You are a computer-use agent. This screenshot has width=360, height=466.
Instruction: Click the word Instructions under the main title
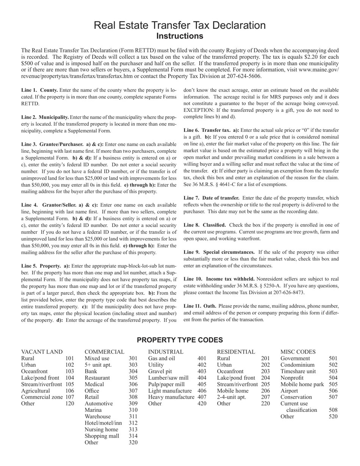(x=180, y=36)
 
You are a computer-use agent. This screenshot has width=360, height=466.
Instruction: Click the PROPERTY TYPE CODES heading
(x=180, y=340)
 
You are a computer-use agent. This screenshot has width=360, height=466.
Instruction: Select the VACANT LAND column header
(x=42, y=352)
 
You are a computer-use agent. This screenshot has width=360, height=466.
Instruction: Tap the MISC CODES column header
(x=298, y=352)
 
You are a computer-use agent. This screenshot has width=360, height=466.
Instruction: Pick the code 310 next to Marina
(x=133, y=410)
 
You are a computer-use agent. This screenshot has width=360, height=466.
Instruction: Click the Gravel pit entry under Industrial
(x=161, y=371)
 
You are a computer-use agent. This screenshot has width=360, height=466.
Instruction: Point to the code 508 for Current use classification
(x=333, y=410)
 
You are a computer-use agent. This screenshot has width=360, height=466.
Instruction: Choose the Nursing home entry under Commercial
(x=101, y=429)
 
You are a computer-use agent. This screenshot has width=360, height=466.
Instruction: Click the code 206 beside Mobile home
(x=266, y=391)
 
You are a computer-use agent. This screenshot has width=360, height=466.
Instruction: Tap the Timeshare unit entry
(x=298, y=371)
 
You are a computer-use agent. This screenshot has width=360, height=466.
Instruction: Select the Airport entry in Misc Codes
(x=289, y=391)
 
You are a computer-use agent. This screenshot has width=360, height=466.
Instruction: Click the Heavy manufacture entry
(x=171, y=397)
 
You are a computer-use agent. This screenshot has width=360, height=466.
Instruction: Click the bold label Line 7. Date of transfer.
(x=211, y=198)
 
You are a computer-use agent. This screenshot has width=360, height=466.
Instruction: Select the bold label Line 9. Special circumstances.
(x=219, y=252)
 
